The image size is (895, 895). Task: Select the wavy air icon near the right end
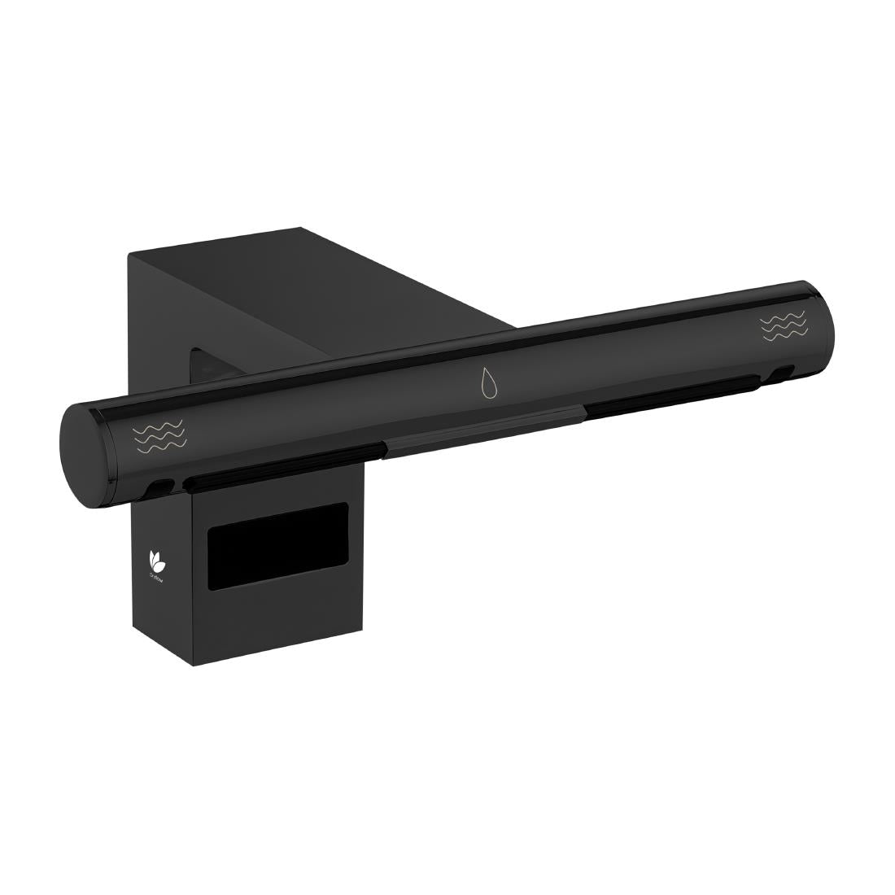784,325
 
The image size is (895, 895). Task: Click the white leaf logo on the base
155,560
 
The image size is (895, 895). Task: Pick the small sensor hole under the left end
161,487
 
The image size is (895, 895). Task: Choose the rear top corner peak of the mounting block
301,229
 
